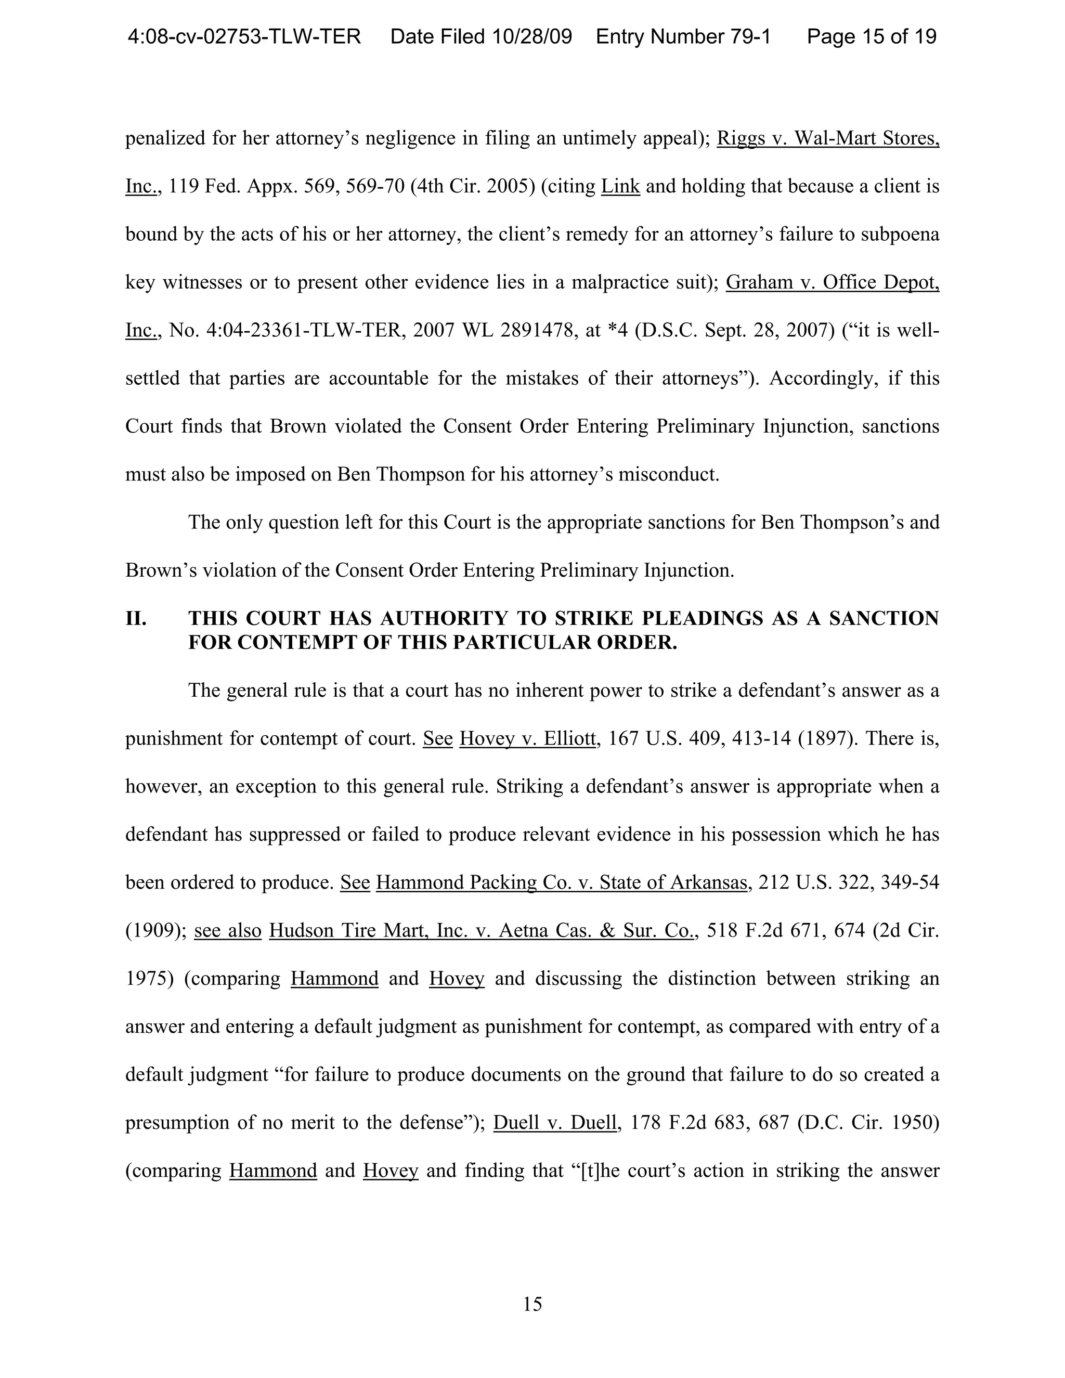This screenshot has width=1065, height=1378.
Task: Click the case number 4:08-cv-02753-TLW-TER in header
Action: pos(244,36)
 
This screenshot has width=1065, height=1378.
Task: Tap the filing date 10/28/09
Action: pos(532,36)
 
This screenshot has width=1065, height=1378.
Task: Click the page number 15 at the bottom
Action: pos(532,1304)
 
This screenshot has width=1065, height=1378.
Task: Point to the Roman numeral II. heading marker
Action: pos(136,618)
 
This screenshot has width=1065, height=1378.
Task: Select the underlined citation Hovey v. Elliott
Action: pos(527,738)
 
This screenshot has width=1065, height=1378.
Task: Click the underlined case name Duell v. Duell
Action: pos(554,1123)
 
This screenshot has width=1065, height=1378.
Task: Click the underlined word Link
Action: pos(620,186)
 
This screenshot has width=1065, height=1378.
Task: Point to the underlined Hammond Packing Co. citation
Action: pos(562,882)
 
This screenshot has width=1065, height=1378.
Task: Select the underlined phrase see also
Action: pos(228,931)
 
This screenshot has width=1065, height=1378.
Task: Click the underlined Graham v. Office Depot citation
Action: pos(832,282)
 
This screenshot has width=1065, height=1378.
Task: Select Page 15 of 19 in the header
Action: pos(872,36)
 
